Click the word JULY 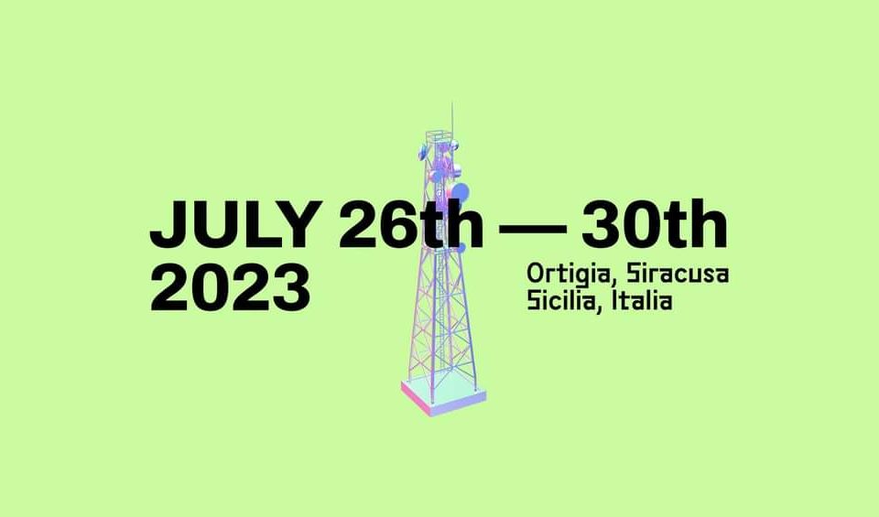pyautogui.click(x=235, y=224)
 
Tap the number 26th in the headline pyautogui.click(x=411, y=223)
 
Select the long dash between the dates pyautogui.click(x=533, y=228)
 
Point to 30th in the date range pyautogui.click(x=654, y=223)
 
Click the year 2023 pyautogui.click(x=231, y=288)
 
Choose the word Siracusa pyautogui.click(x=678, y=273)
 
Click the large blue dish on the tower pyautogui.click(x=460, y=193)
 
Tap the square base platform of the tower pyautogui.click(x=443, y=394)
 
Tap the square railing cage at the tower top pyautogui.click(x=439, y=136)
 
